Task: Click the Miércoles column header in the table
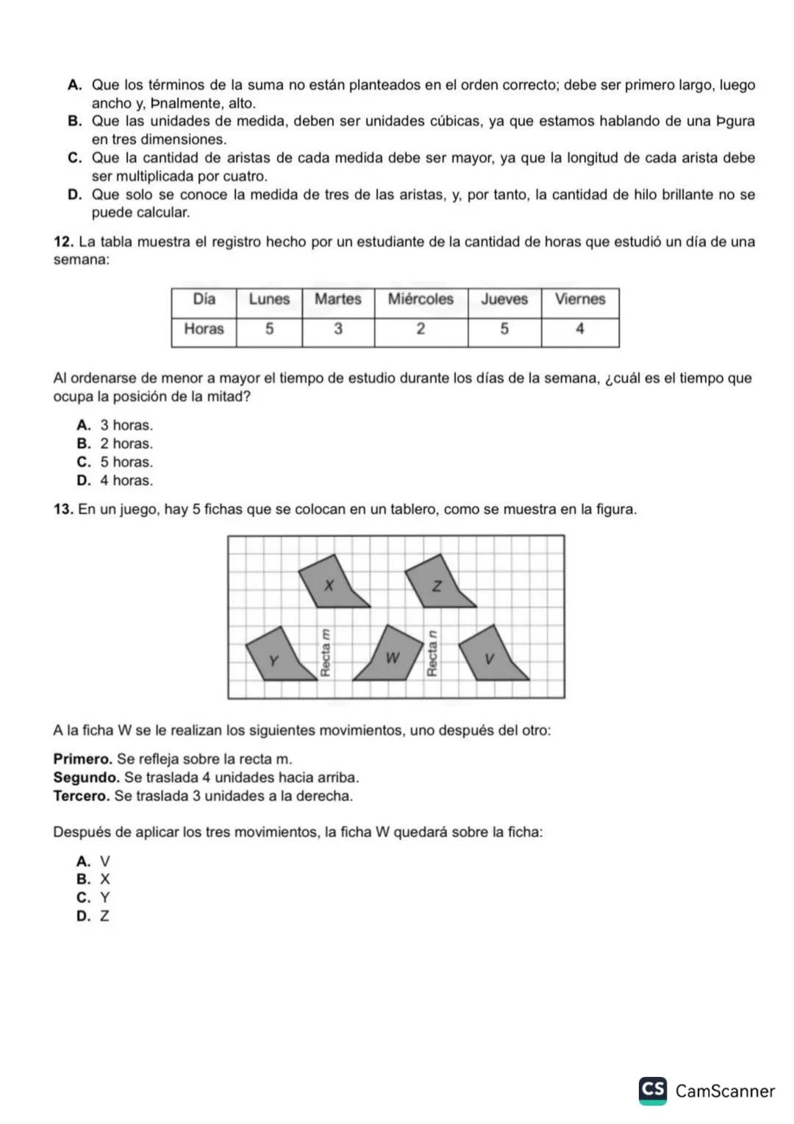[x=421, y=299]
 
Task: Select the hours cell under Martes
[x=337, y=330]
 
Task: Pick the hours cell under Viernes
[x=579, y=330]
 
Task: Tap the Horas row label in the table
[x=204, y=330]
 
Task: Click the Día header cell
[x=204, y=299]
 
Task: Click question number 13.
[x=63, y=510]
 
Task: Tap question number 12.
[x=63, y=242]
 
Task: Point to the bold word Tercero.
[x=82, y=796]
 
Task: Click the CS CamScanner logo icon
[x=653, y=1089]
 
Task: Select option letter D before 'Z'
[x=83, y=917]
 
